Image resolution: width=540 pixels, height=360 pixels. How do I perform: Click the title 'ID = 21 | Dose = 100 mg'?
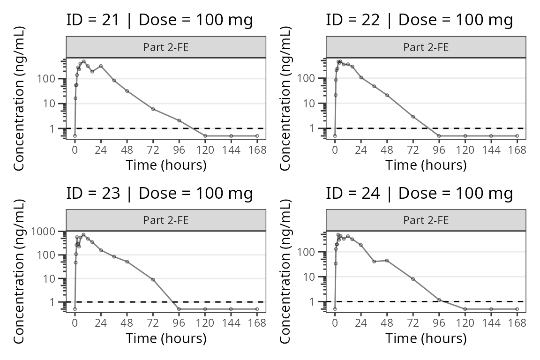pyautogui.click(x=159, y=20)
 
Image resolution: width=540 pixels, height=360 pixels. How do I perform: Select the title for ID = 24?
pyautogui.click(x=419, y=194)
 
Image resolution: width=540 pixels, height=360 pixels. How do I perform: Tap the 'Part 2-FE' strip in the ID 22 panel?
pyautogui.click(x=426, y=47)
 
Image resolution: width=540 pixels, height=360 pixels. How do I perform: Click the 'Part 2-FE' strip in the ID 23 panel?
pyautogui.click(x=166, y=220)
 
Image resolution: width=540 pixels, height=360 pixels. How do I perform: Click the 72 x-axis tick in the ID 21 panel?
pyautogui.click(x=153, y=150)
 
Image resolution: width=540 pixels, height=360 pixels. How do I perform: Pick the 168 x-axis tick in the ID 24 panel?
pyautogui.click(x=517, y=323)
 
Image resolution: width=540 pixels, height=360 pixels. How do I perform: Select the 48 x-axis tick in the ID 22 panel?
pyautogui.click(x=387, y=150)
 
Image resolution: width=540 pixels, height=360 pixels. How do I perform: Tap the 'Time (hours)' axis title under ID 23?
pyautogui.click(x=166, y=338)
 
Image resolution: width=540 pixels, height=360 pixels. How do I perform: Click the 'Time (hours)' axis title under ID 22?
pyautogui.click(x=426, y=165)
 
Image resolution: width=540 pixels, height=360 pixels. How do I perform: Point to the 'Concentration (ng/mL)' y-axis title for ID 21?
pyautogui.click(x=19, y=98)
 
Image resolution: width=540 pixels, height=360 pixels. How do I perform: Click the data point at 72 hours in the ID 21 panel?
pyautogui.click(x=153, y=109)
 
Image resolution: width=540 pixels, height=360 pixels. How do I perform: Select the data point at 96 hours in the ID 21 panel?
pyautogui.click(x=179, y=120)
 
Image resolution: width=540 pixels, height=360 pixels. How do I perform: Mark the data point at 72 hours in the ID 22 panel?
pyautogui.click(x=413, y=116)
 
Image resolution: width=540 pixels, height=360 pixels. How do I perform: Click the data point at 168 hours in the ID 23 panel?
pyautogui.click(x=257, y=309)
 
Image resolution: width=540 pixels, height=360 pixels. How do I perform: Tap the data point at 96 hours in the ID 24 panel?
pyautogui.click(x=439, y=300)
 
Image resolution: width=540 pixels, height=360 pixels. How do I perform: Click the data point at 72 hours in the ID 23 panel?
pyautogui.click(x=153, y=279)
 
